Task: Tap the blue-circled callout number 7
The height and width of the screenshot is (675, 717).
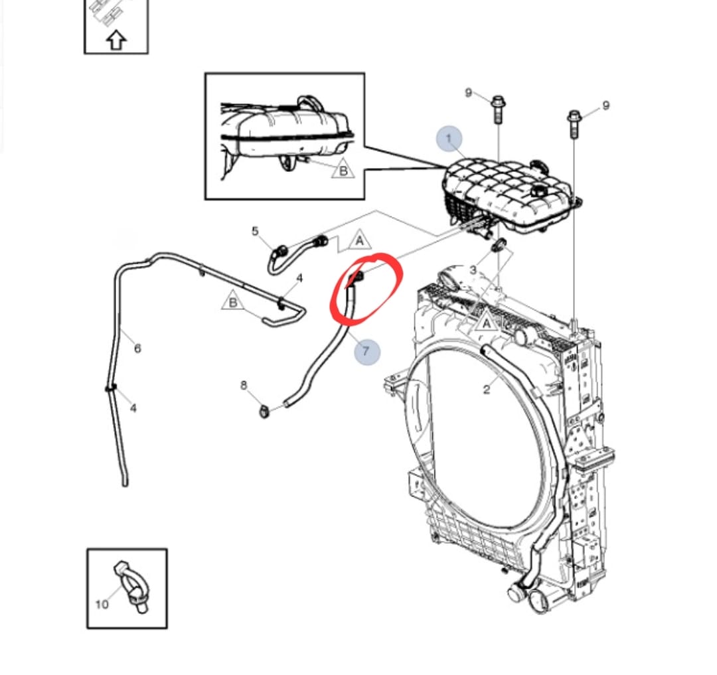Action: pos(366,350)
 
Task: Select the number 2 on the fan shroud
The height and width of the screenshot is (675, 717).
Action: pos(486,390)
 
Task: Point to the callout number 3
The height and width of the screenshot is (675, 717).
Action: pos(473,270)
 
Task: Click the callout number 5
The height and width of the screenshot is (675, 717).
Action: pos(255,231)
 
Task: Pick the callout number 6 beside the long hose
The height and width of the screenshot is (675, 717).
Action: pos(137,348)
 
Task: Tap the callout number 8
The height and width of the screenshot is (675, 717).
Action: pos(244,385)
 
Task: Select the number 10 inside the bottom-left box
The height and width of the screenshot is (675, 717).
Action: pos(102,604)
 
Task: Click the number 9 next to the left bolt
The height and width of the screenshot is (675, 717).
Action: pos(469,92)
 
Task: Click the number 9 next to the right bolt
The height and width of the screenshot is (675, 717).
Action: pos(605,106)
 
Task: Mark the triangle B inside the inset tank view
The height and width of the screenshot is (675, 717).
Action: pos(343,171)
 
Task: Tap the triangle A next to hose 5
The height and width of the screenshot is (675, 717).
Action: pos(359,240)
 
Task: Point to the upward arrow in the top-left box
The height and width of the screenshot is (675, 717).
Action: pos(116,41)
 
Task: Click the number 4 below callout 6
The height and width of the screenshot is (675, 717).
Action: pos(133,408)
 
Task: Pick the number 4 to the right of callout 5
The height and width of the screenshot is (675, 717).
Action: pos(299,278)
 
